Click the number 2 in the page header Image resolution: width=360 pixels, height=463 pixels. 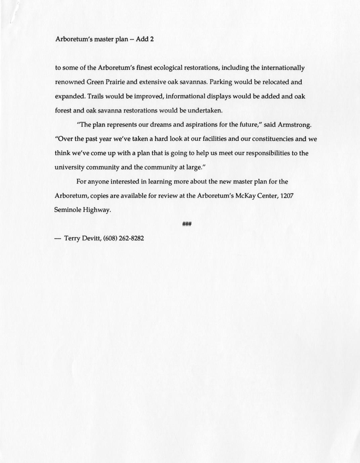click(x=152, y=39)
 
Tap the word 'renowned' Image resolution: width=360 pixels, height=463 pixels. click(x=70, y=82)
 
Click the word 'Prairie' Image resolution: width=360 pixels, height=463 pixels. click(x=115, y=82)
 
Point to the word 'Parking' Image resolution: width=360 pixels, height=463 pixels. click(x=220, y=82)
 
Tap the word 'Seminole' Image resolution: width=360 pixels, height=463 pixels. click(x=67, y=210)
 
